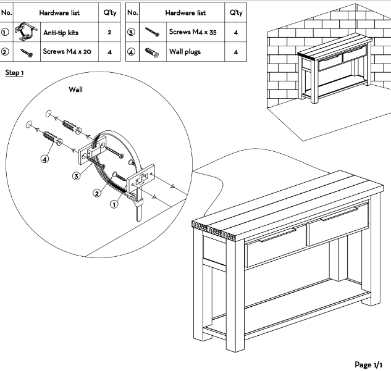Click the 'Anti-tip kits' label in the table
[64, 31]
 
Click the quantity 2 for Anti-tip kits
[109, 31]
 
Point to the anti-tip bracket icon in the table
[24, 31]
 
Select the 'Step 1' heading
[15, 73]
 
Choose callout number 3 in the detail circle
[76, 177]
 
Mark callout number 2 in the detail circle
[97, 193]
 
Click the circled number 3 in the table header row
[133, 31]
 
